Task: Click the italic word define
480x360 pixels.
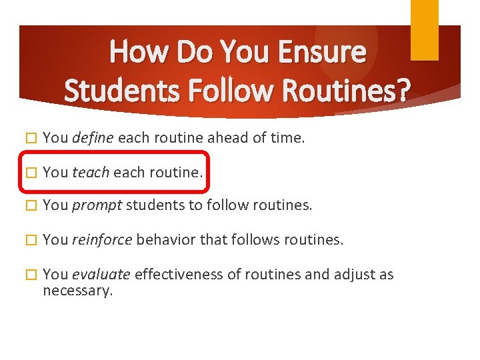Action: tap(93, 138)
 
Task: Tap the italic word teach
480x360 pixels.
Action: tap(91, 172)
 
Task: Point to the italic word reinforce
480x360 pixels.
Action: tap(102, 240)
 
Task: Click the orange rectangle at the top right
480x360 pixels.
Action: tap(424, 30)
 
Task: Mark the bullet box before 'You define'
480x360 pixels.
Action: tap(28, 139)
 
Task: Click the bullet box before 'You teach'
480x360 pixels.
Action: tap(28, 173)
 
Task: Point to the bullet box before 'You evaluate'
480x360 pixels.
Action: tap(28, 275)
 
